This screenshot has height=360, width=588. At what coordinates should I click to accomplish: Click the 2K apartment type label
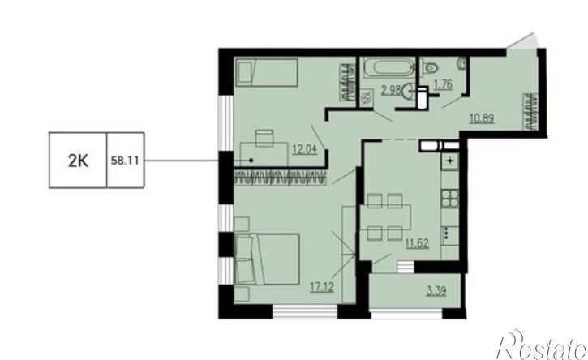(78, 161)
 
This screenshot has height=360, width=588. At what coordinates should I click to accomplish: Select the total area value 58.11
(125, 161)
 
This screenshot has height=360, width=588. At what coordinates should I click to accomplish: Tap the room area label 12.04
(305, 150)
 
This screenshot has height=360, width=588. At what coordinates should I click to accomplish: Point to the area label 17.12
(322, 287)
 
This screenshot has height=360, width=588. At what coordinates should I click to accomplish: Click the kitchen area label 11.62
(417, 243)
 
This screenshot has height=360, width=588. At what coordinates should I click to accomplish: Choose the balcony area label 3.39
(436, 291)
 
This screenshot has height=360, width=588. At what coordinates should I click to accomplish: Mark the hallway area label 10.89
(482, 118)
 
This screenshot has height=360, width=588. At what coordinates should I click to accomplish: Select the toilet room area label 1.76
(443, 84)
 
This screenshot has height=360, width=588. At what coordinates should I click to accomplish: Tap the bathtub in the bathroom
(388, 68)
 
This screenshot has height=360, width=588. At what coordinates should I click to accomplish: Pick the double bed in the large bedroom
(267, 259)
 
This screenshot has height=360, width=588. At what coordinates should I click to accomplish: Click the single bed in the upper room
(267, 72)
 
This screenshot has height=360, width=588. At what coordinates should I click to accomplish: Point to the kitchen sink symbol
(449, 161)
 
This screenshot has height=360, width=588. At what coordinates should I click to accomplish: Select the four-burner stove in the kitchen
(449, 198)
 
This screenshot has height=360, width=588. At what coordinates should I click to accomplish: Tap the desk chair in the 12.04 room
(264, 138)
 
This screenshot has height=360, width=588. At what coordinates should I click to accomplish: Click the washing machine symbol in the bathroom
(366, 100)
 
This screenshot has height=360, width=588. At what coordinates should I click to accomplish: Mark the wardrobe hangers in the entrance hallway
(532, 111)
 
